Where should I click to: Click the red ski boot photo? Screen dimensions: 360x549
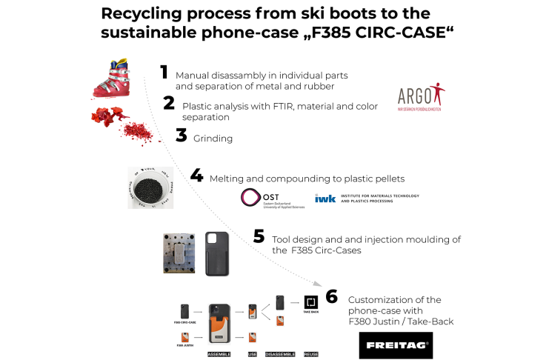(x=113, y=79)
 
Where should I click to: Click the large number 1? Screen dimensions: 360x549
(x=164, y=72)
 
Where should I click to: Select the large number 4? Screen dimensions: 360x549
(x=196, y=176)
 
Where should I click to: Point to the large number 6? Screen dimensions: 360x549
(x=331, y=296)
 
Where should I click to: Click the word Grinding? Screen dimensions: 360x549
(x=213, y=138)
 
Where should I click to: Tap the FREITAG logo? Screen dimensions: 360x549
(x=395, y=345)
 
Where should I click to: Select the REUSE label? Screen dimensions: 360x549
(x=312, y=354)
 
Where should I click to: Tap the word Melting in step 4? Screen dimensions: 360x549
(x=227, y=179)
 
